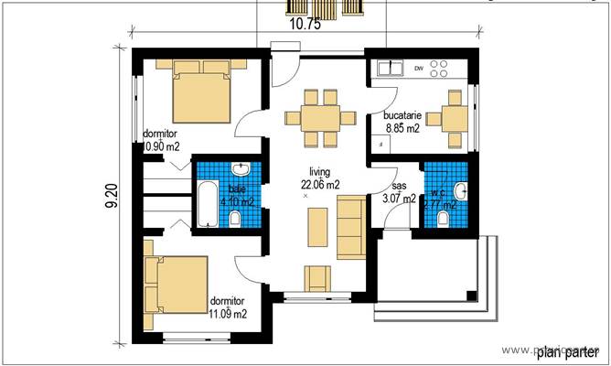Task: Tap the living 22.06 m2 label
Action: pos(319,178)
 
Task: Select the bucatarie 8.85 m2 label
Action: pos(402,123)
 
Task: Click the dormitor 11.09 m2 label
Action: pos(228,307)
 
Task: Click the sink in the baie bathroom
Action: pos(241,171)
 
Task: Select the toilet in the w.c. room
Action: pos(445,220)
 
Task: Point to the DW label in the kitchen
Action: pos(418,69)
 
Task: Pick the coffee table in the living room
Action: pos(316,227)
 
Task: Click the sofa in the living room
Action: pos(349,226)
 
